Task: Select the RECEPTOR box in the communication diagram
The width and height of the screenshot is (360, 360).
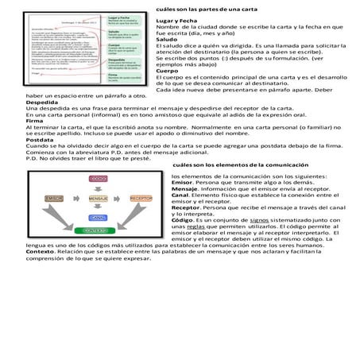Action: coord(141,198)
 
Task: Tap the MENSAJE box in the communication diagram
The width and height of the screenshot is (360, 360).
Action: coord(98,198)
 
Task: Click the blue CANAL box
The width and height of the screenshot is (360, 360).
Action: coord(98,216)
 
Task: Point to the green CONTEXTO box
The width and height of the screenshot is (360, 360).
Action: coord(98,230)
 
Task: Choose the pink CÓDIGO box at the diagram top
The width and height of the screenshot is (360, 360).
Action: coord(98,180)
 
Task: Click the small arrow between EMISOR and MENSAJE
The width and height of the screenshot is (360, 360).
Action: coord(76,198)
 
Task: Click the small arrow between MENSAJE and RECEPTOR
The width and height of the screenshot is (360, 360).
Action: coord(119,198)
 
